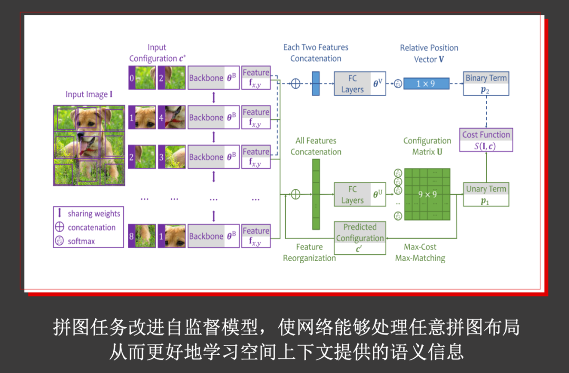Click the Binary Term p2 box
tap(486, 84)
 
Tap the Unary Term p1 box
tap(486, 195)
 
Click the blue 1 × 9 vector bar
tap(426, 83)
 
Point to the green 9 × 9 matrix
tap(427, 194)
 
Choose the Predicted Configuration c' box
tap(360, 238)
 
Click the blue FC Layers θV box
tap(360, 84)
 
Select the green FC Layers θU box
tap(360, 195)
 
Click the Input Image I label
tap(89, 94)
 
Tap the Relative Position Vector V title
tap(429, 53)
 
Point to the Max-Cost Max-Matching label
tap(420, 253)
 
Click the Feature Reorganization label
tap(309, 253)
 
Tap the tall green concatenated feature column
tap(316, 194)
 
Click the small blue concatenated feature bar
tap(316, 83)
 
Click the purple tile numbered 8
tap(132, 236)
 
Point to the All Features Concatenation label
tap(316, 146)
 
